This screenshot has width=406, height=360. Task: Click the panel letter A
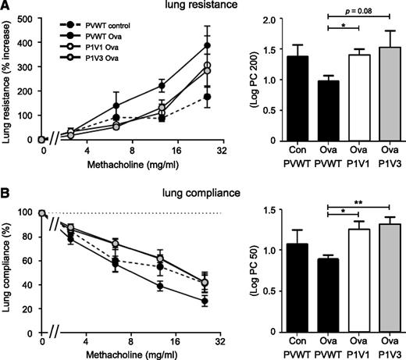6,7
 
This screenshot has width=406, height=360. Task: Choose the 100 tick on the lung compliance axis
29,212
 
